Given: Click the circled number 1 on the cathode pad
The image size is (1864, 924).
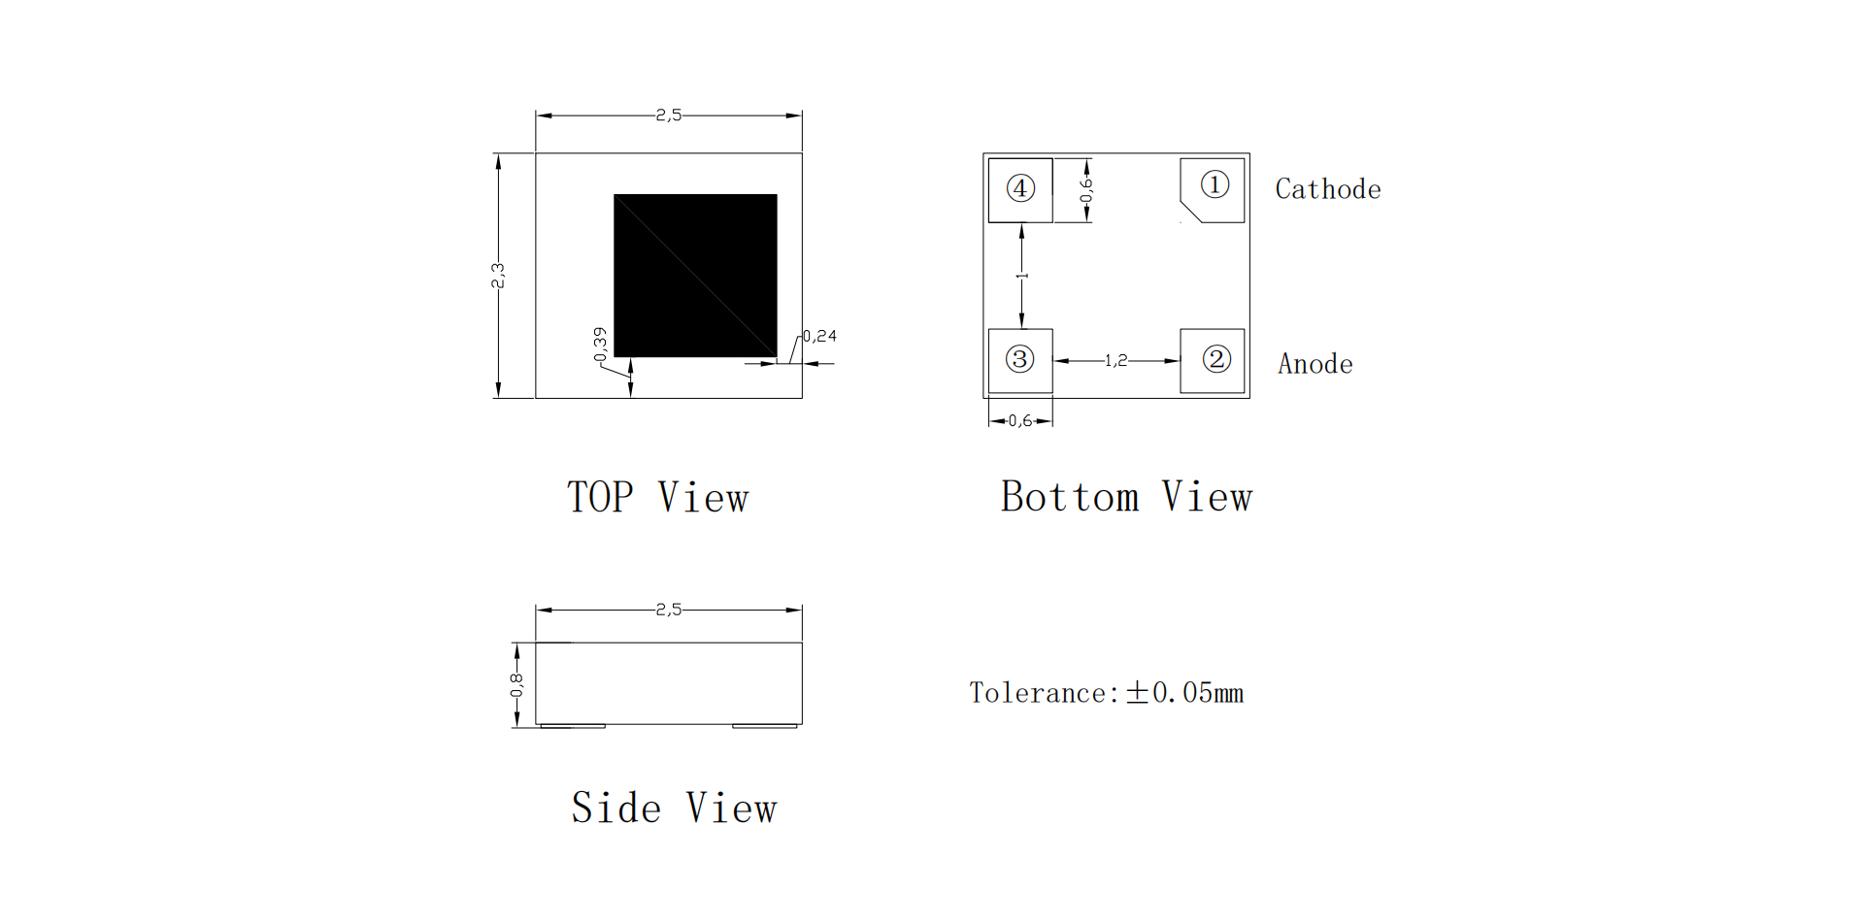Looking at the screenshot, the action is click(1215, 184).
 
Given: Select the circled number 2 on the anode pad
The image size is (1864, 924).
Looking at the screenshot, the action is click(1216, 359).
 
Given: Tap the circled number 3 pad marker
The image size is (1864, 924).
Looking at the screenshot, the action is click(1019, 359).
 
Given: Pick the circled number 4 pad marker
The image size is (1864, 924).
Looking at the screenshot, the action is click(1020, 188).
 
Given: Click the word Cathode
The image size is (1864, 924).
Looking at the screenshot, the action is click(1328, 189).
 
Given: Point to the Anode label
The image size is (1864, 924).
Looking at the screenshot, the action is click(1315, 364).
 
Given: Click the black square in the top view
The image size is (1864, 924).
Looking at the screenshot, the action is click(695, 276).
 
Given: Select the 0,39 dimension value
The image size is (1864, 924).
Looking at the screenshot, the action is click(600, 345).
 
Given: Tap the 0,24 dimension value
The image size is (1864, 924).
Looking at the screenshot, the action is click(820, 336).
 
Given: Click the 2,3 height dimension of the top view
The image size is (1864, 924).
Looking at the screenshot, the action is click(498, 276).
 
